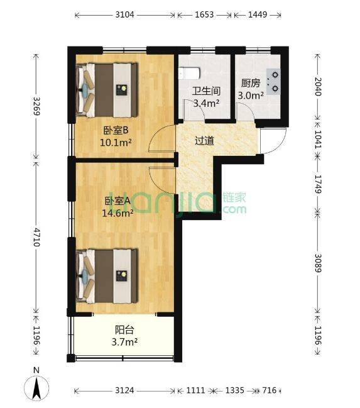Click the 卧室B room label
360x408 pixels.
(116, 131)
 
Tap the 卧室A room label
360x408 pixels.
(117, 201)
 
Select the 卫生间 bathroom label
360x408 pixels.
(206, 91)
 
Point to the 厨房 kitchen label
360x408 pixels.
(250, 83)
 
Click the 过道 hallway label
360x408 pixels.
(204, 141)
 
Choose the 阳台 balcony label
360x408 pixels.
(124, 330)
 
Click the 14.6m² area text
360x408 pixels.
(118, 213)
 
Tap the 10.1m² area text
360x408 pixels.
(116, 142)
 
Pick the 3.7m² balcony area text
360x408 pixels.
(124, 342)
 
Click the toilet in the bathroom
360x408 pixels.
(189, 73)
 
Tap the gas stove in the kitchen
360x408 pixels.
(274, 82)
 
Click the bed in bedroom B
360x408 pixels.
(106, 90)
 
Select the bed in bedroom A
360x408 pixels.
(106, 276)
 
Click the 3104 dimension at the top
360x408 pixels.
(124, 14)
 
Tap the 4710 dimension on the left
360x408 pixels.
(36, 237)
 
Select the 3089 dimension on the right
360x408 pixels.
(318, 263)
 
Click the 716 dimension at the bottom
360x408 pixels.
(270, 390)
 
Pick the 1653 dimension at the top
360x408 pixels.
(204, 14)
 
